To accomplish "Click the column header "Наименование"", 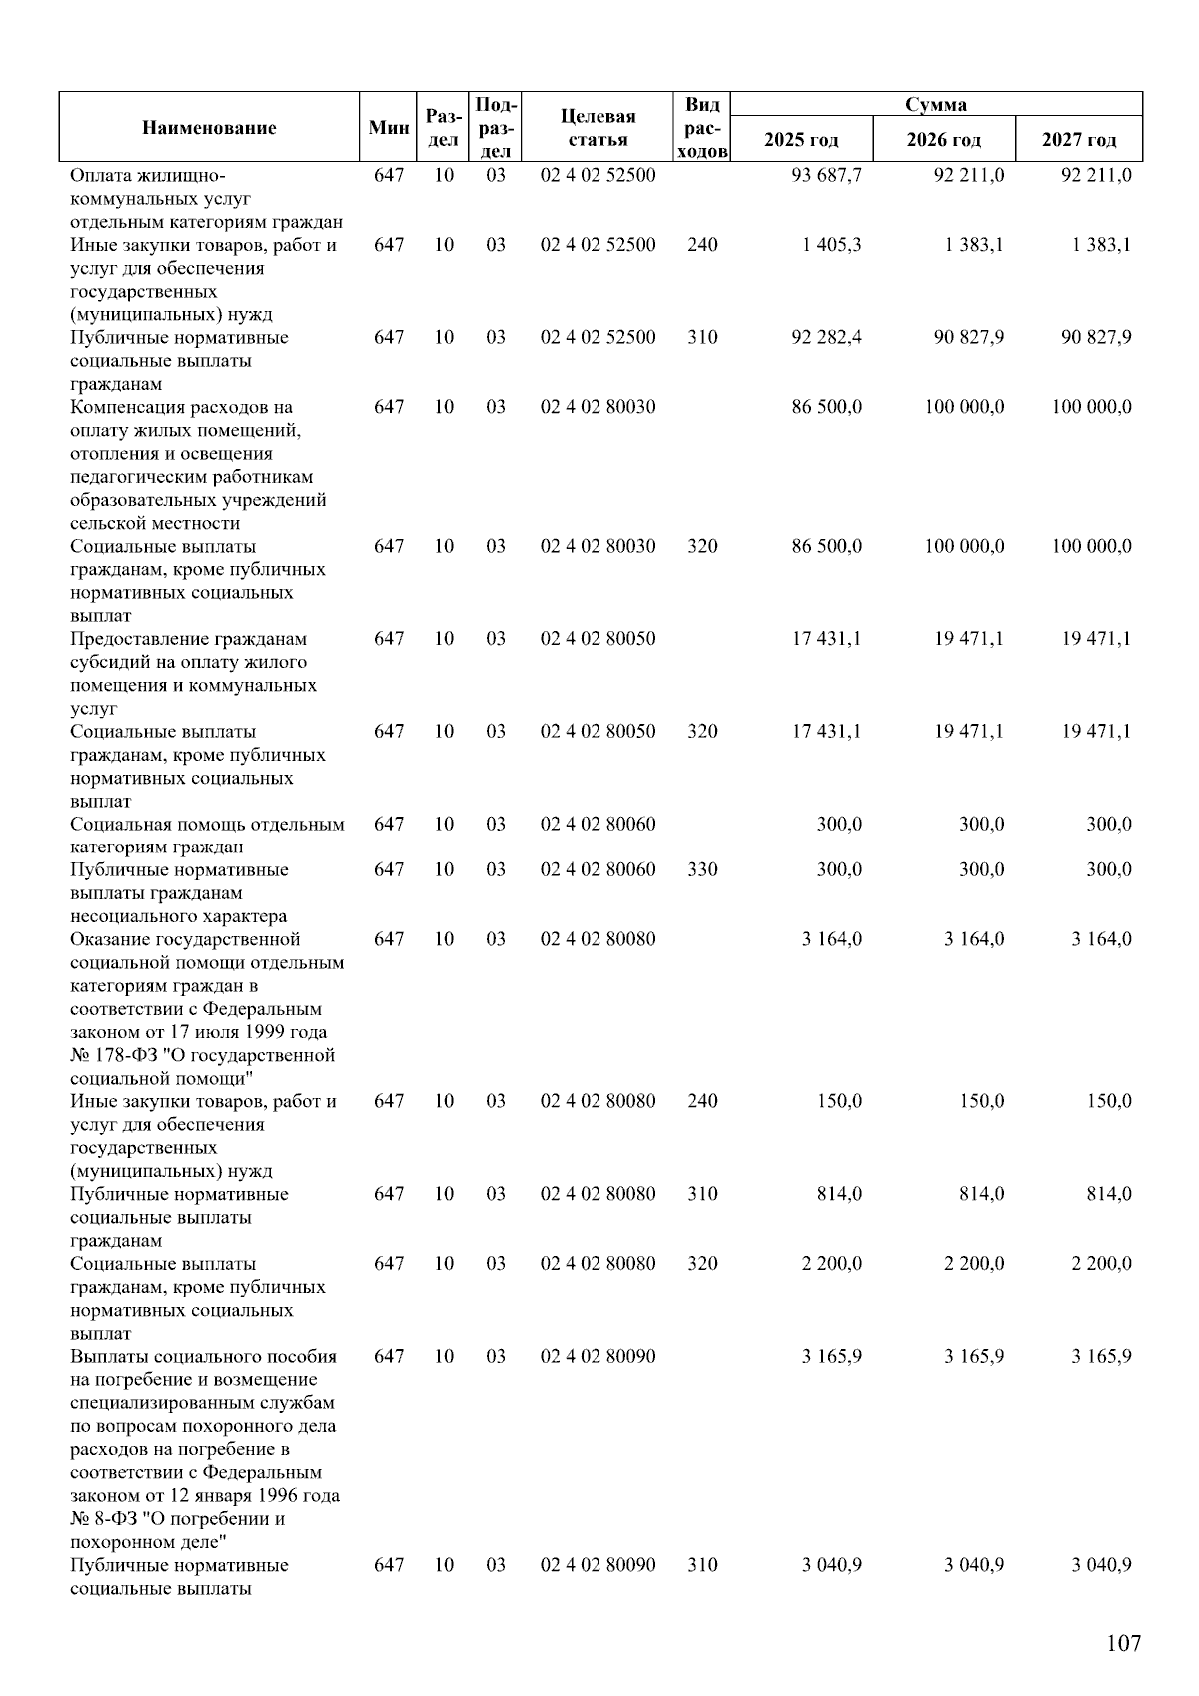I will click(x=209, y=127).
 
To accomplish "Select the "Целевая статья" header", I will click(x=598, y=128).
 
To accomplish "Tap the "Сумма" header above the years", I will click(x=936, y=104).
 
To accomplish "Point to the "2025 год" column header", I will click(x=801, y=140).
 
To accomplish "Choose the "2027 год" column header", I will click(x=1079, y=140).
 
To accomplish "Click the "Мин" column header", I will click(x=389, y=127).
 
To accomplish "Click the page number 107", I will click(x=1123, y=1643).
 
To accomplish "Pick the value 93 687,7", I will click(x=827, y=175).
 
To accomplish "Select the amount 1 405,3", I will click(x=831, y=245).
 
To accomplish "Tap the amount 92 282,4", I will click(x=827, y=337).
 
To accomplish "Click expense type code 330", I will click(x=702, y=869).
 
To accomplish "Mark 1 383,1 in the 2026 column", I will click(x=974, y=245).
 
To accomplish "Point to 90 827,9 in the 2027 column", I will click(x=1096, y=337).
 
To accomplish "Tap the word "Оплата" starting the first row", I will click(x=98, y=175).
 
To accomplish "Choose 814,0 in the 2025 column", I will click(x=839, y=1194).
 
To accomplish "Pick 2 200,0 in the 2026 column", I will click(x=974, y=1263).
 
